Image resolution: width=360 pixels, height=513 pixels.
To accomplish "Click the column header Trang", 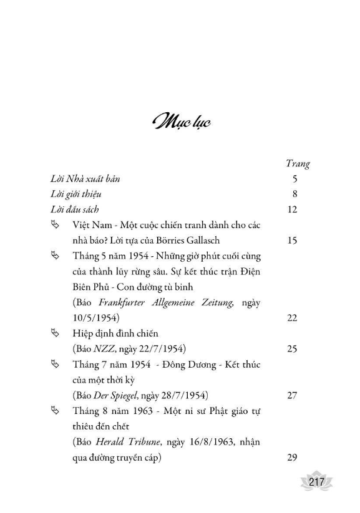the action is tap(297, 165).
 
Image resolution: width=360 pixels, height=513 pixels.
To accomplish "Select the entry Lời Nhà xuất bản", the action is tap(85, 179).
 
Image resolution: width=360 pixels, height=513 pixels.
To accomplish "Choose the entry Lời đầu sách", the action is tap(74, 209).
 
